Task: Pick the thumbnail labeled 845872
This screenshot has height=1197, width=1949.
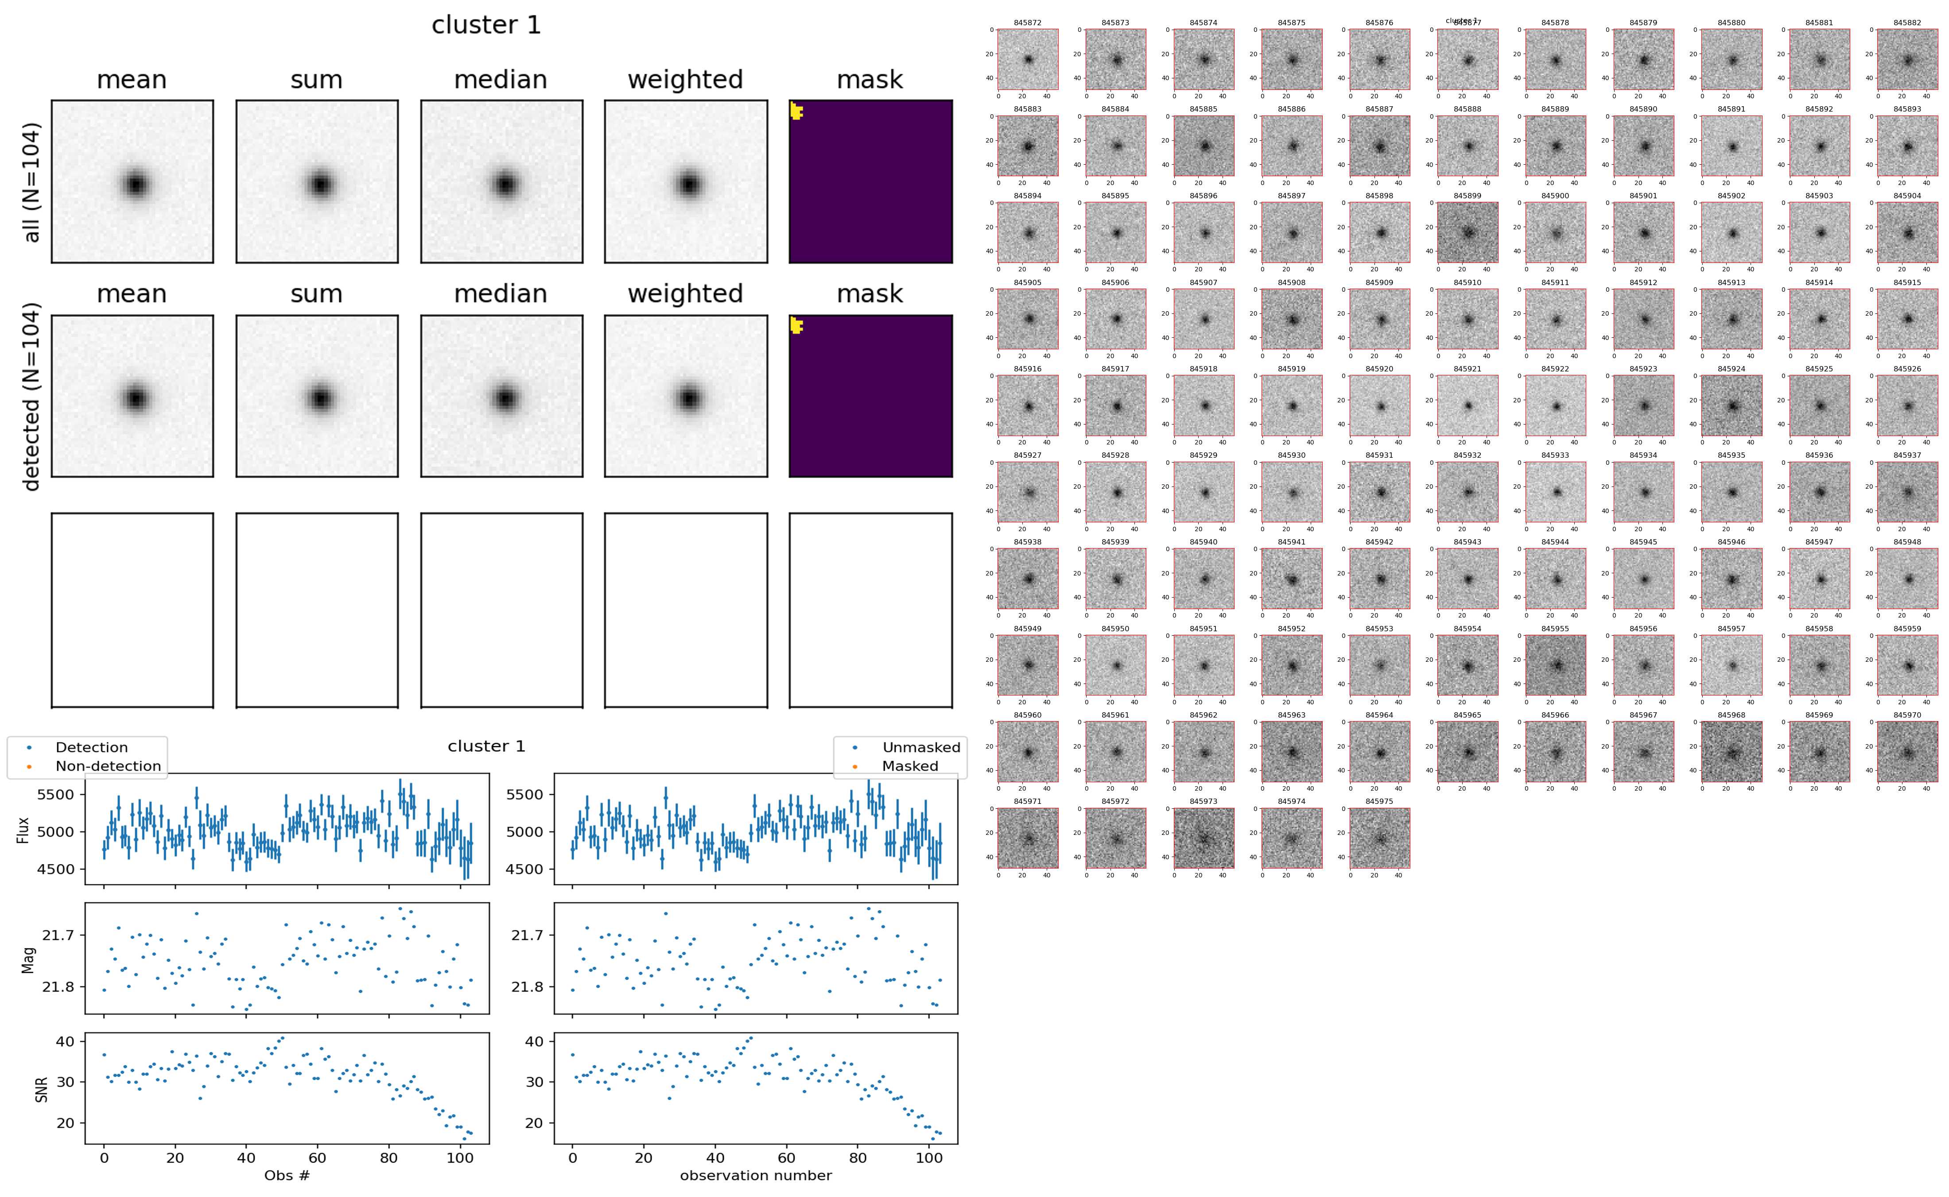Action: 1027,59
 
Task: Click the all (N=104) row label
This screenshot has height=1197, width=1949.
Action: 32,182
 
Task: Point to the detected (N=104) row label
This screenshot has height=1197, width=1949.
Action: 32,396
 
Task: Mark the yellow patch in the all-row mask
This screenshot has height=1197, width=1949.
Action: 796,111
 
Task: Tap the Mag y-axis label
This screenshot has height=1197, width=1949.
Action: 28,959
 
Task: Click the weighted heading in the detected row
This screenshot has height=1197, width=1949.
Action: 685,293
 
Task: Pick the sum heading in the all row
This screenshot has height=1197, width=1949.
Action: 316,80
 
